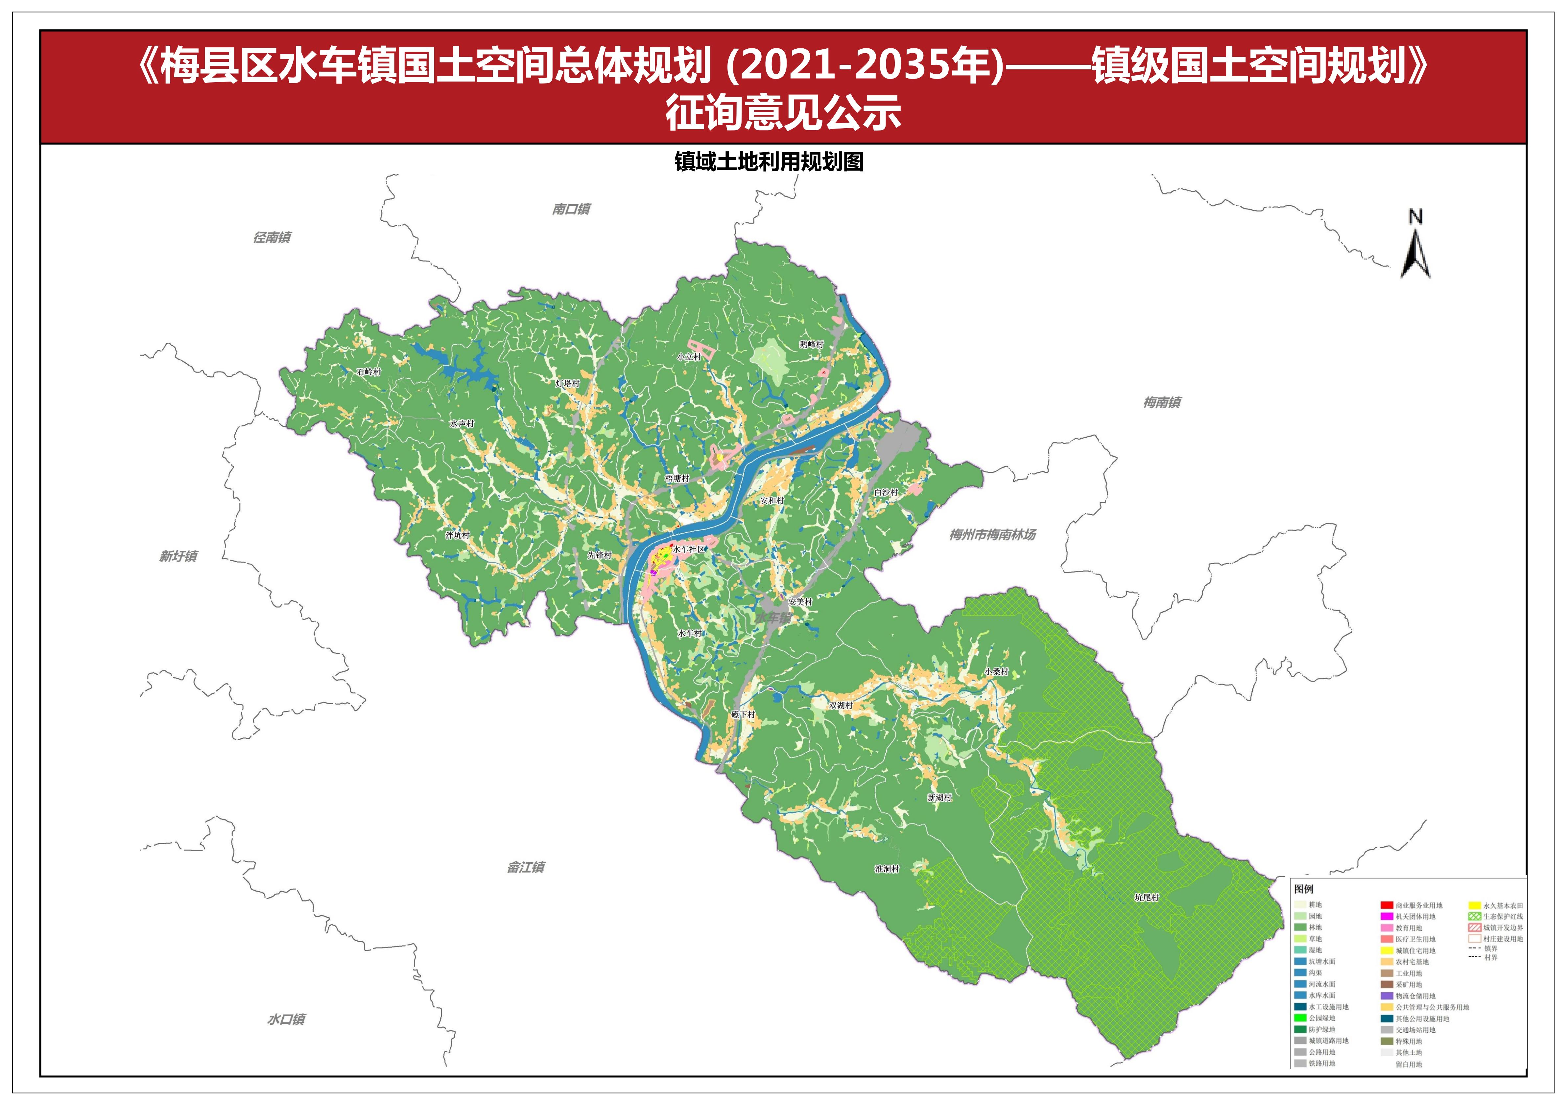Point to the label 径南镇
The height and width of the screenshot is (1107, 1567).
click(x=272, y=237)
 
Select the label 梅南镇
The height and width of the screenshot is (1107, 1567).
click(x=1162, y=403)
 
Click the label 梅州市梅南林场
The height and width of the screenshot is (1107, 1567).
click(x=992, y=535)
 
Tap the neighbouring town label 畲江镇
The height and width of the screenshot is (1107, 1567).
click(x=526, y=867)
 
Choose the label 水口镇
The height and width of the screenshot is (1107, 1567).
click(x=286, y=1020)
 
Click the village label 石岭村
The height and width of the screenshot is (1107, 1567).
click(x=368, y=372)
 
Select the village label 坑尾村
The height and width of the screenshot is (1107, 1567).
click(x=1147, y=898)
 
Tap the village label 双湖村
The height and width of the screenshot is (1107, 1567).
click(x=841, y=705)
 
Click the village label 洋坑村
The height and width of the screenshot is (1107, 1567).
click(x=457, y=535)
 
